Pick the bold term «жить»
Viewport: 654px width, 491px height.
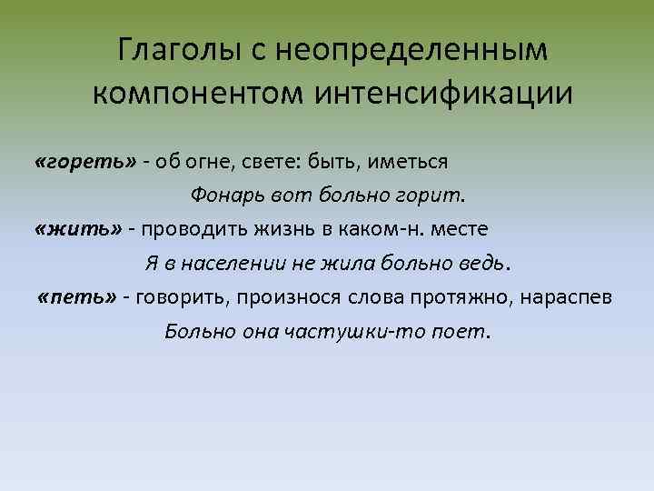(x=77, y=228)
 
